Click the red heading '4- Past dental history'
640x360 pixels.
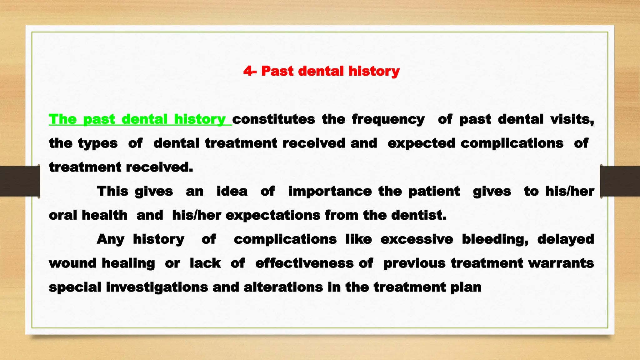coord(321,71)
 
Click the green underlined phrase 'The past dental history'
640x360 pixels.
coord(140,119)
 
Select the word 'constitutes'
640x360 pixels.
coord(273,119)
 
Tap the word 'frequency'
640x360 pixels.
coord(388,119)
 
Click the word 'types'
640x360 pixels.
coord(97,143)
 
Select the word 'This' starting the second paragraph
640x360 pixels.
coord(112,191)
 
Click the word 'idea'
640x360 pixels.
coord(232,191)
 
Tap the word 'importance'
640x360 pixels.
coord(330,191)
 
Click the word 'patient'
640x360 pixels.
coord(434,191)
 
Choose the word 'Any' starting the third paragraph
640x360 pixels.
coord(110,239)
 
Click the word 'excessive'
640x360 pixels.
coord(417,239)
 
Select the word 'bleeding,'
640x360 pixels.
coord(495,239)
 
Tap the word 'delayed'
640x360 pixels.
coord(566,239)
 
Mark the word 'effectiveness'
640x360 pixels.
coord(304,263)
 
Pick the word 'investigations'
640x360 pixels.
coord(157,287)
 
